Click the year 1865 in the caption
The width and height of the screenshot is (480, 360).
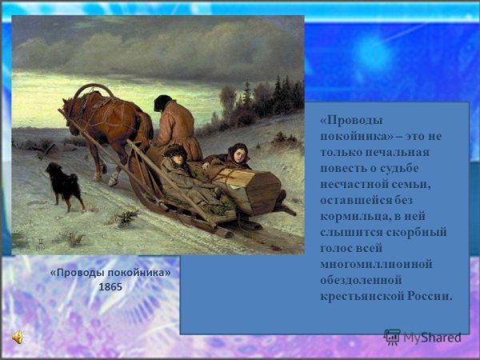tap(110, 287)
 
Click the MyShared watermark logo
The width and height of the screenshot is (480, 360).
tap(424, 337)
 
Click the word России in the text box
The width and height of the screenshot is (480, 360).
tap(430, 296)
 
